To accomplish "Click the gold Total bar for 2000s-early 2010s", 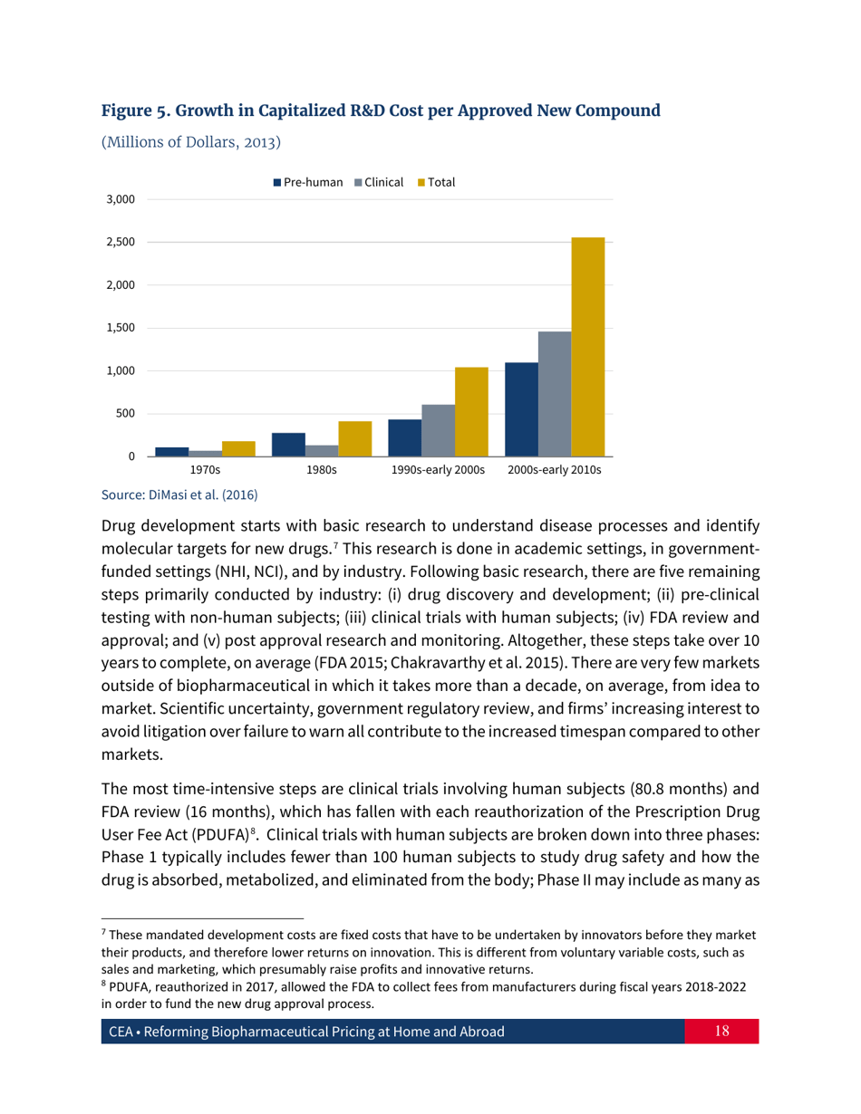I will [588, 347].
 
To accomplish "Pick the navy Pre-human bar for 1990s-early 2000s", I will [404, 437].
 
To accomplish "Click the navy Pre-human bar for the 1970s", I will [171, 451].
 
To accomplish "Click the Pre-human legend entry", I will [308, 182].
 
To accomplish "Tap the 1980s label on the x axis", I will [322, 471].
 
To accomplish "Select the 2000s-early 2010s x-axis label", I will [554, 471].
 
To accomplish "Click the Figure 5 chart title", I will [381, 112].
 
